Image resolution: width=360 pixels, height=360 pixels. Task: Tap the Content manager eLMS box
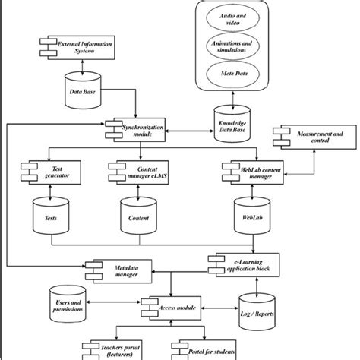pyautogui.click(x=137, y=172)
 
